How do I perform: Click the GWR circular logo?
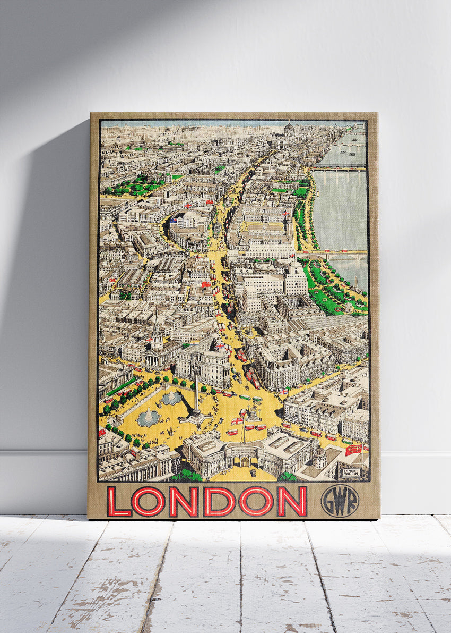pos(340,501)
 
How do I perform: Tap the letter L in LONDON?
pos(119,502)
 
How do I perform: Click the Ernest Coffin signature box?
pos(351,472)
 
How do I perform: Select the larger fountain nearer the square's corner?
pos(148,418)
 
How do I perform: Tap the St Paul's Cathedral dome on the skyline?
pos(289,129)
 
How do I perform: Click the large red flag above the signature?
pos(353,450)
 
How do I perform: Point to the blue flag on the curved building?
pos(174,220)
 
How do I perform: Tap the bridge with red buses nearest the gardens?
pos(340,254)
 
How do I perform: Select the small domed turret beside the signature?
pos(319,456)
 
